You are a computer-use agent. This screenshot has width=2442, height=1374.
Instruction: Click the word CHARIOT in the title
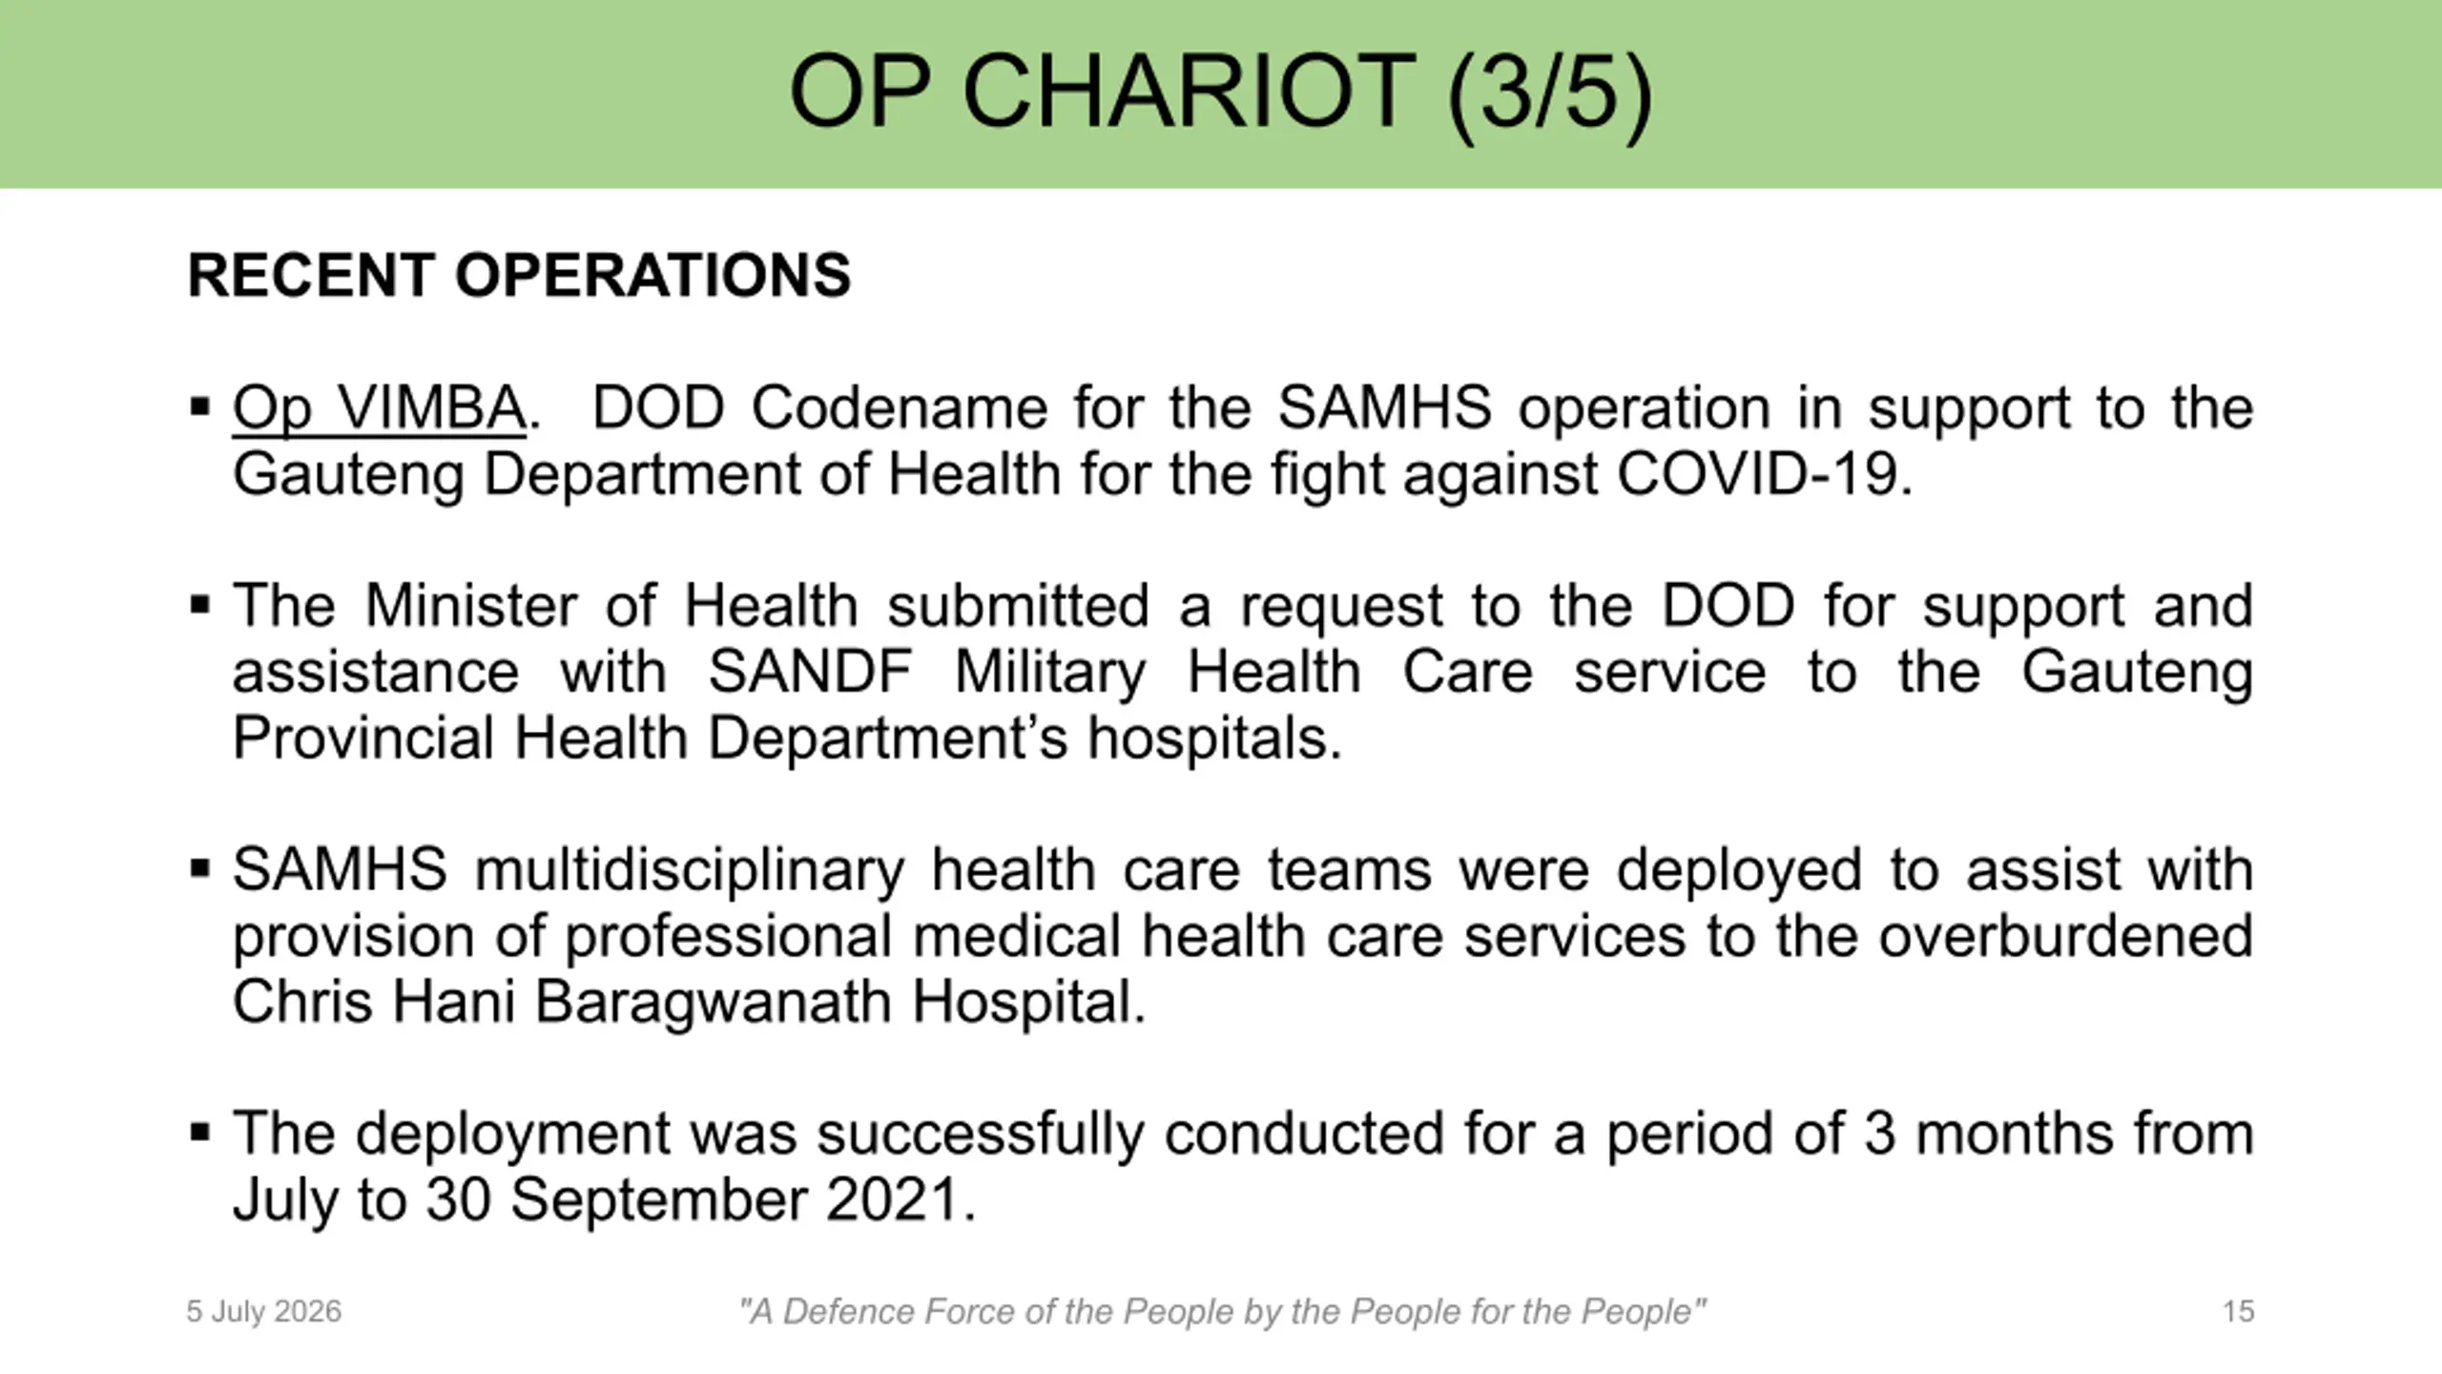1189,92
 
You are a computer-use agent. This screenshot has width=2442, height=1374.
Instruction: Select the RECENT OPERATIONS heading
519,275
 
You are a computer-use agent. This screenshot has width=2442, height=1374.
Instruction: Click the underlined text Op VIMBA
379,408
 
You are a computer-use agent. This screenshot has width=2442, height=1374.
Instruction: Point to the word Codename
899,407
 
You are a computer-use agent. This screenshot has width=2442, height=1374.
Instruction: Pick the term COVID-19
1765,474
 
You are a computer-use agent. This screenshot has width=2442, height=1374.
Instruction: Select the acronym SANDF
810,672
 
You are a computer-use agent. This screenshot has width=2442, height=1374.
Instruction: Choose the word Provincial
363,738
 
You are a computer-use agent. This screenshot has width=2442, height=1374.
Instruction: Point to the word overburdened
2066,936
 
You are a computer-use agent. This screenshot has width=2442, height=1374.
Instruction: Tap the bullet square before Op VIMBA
199,407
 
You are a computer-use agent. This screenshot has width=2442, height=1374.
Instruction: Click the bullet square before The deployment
199,1133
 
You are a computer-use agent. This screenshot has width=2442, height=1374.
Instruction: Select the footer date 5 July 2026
263,1312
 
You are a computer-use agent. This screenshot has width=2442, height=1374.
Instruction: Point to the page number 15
2238,1311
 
